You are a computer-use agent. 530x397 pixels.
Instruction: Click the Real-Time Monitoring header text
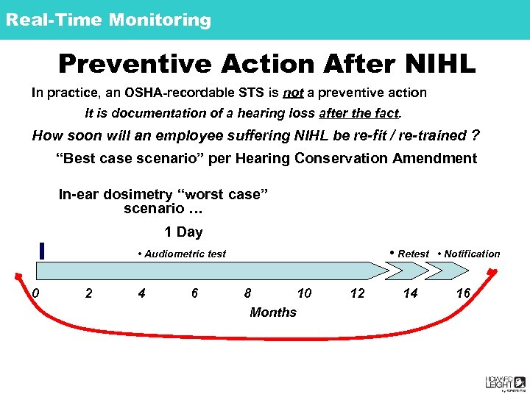point(108,20)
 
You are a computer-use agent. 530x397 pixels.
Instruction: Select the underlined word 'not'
point(293,93)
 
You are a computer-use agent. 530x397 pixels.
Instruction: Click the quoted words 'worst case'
point(223,195)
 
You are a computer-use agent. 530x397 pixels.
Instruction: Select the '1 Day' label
point(183,232)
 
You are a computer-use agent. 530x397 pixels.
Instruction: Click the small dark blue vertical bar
point(43,251)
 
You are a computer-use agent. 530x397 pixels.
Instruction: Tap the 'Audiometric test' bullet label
point(182,254)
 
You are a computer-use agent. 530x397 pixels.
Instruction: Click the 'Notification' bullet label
point(469,254)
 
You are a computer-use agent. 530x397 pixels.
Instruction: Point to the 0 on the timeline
point(35,293)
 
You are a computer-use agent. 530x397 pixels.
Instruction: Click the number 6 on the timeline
point(194,293)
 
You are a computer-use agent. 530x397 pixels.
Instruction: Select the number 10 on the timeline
point(304,293)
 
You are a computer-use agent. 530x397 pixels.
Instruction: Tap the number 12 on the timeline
point(357,293)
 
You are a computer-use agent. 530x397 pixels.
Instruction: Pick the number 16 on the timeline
point(463,293)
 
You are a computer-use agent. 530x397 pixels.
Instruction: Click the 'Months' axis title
point(273,312)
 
